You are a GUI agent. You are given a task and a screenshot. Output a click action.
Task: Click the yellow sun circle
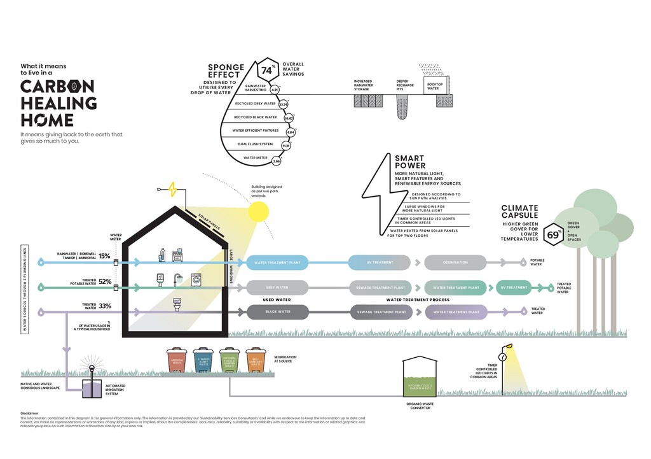point(259,211)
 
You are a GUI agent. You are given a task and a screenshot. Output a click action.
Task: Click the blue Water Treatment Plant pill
point(277,262)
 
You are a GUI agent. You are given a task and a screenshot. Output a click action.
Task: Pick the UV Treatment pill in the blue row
point(380,262)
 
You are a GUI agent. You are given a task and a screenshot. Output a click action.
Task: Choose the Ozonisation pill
point(455,262)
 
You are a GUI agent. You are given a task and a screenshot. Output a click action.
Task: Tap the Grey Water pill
point(277,287)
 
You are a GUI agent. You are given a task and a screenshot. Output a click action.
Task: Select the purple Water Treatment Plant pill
point(456,312)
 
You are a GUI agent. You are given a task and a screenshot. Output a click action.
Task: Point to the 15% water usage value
point(105,256)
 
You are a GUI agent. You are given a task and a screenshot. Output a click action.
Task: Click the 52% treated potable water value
point(105,281)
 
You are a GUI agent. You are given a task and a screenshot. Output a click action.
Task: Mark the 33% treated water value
point(105,306)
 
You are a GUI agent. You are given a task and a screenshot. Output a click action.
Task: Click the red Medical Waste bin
point(176,361)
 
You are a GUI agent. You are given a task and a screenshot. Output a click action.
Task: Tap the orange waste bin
point(256,361)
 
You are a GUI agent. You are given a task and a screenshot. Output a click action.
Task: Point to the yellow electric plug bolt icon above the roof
point(172,189)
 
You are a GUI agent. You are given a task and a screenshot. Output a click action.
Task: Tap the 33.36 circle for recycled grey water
point(284,104)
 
